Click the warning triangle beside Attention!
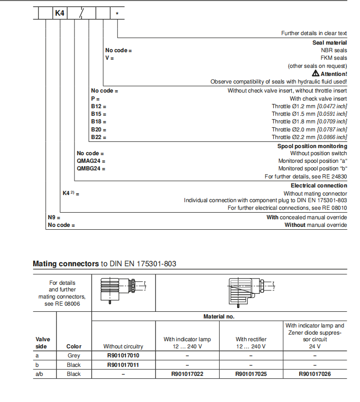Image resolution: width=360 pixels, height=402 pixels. pos(315,74)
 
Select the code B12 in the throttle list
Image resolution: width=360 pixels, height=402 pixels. pos(97,106)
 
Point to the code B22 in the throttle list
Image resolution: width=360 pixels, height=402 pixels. pos(97,137)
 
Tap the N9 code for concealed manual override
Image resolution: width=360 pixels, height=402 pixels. pos(52,217)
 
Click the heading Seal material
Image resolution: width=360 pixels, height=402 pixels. pos(330,43)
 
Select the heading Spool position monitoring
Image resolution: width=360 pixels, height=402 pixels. pos(312,146)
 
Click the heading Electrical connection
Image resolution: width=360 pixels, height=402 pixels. pos(319,186)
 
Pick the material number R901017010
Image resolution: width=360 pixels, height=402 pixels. pos(123,355)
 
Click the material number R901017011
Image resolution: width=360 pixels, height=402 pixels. pos(123,365)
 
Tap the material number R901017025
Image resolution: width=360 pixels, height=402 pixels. pos(251,374)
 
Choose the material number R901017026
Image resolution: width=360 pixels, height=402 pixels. pos(314,374)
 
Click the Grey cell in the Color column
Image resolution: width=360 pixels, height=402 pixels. pos(74,355)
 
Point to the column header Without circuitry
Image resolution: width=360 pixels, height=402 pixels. pos(123,346)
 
